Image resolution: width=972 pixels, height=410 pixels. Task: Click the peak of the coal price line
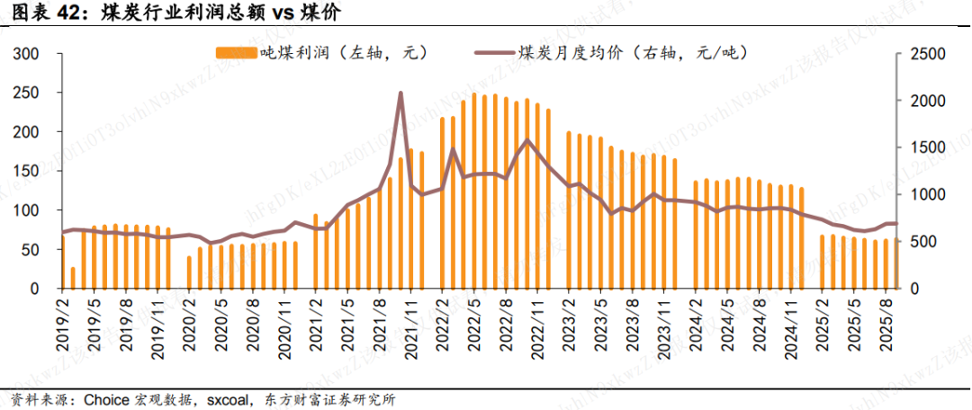pyautogui.click(x=400, y=94)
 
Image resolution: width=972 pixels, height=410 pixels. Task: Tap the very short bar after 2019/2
pyautogui.click(x=74, y=278)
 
